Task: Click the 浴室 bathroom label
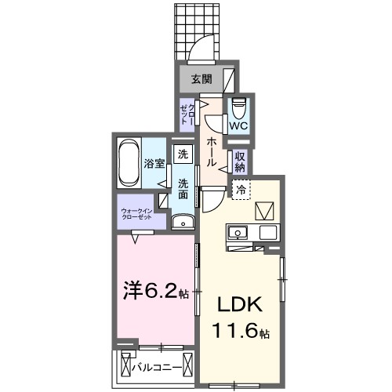tap(154, 164)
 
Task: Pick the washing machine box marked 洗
tap(183, 154)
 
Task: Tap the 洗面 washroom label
tap(182, 189)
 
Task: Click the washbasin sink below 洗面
tap(183, 220)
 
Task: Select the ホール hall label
tap(212, 151)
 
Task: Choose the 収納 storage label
tap(240, 161)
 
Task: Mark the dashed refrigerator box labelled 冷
tap(241, 188)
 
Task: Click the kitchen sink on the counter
tap(238, 232)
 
